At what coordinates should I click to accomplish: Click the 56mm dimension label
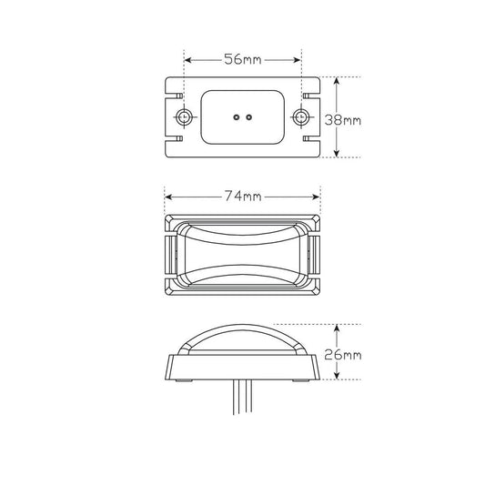[x=243, y=59]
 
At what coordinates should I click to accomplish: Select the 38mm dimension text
[x=343, y=120]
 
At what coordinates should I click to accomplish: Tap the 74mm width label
[x=243, y=197]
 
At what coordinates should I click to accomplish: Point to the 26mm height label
[x=343, y=355]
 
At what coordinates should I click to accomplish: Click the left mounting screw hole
[x=184, y=117]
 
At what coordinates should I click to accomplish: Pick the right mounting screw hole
[x=299, y=117]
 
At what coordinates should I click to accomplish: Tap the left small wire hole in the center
[x=237, y=117]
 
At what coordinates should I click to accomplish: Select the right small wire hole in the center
[x=248, y=117]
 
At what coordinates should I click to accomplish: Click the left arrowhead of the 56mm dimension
[x=187, y=60]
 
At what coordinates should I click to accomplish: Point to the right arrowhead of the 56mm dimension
[x=298, y=60]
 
